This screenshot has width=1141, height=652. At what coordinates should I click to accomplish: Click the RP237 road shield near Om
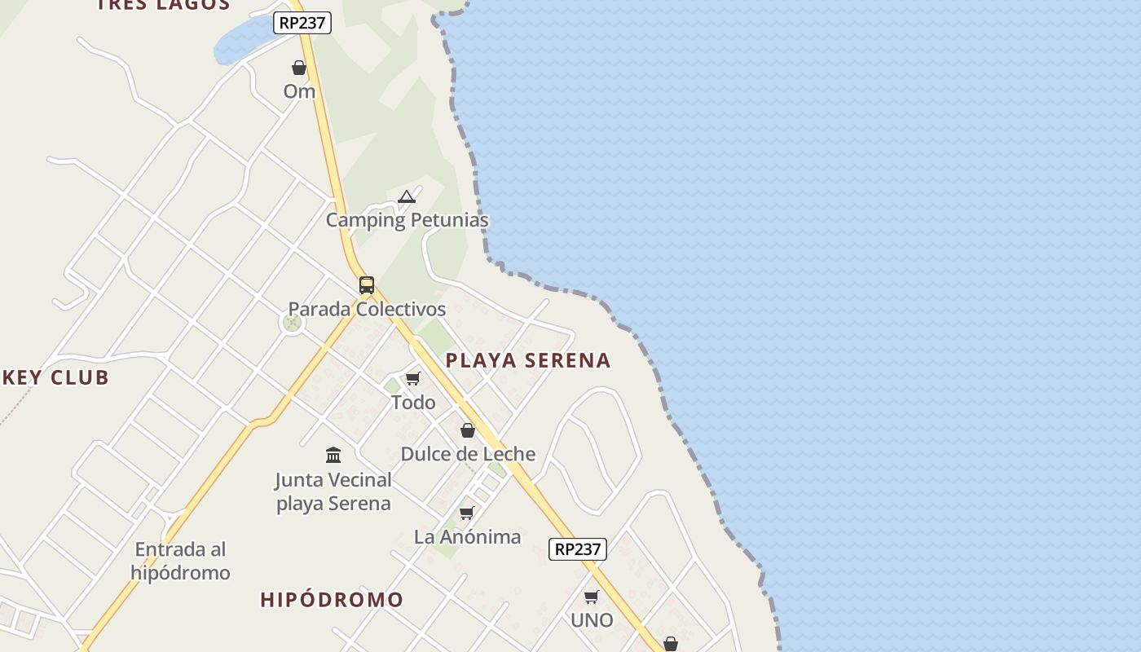pos(302,23)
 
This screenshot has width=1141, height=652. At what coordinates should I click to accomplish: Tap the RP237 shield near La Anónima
pos(577,549)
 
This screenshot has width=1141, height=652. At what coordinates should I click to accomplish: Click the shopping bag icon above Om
pos(299,68)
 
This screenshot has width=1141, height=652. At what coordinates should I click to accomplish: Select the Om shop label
pos(299,91)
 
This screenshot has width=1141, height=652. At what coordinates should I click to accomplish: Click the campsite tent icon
pos(407,196)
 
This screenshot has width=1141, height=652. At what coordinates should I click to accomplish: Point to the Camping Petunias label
pos(407,220)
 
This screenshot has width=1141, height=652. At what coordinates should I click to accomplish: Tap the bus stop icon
pos(367,285)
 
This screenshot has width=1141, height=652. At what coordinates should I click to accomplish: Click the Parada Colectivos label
pos(367,310)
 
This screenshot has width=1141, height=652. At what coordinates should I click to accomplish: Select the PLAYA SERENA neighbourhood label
pos(528,360)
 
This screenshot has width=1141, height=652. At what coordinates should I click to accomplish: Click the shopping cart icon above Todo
pos(413,379)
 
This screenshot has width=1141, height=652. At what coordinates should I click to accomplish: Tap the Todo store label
pos(413,403)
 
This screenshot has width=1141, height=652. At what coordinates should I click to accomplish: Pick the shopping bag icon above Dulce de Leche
pos(468,430)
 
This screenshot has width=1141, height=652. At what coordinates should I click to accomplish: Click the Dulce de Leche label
pos(468,454)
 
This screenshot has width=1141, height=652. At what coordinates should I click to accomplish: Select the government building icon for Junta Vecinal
pos(333,455)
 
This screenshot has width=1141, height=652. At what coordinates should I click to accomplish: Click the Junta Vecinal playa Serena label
pos(333,491)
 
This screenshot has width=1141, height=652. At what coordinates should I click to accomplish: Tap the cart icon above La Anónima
pos(467,513)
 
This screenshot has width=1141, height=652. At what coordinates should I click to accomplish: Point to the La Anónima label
pos(467,537)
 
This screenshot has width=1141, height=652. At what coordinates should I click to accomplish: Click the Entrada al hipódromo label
pos(181,561)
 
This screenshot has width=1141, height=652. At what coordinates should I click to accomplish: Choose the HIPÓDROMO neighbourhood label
pos(332,600)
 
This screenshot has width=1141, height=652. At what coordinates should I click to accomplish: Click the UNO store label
pos(592,620)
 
